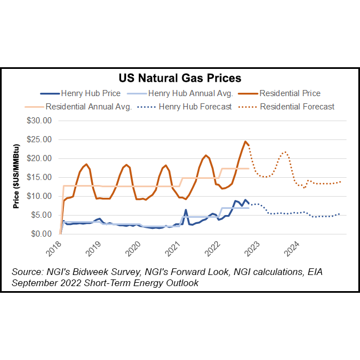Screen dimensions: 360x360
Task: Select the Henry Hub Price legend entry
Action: pyautogui.click(x=83, y=93)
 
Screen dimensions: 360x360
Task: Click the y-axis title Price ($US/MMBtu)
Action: pyautogui.click(x=17, y=176)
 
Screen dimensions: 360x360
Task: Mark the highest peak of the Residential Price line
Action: pyautogui.click(x=245, y=141)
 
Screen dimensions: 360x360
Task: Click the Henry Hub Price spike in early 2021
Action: pyautogui.click(x=186, y=209)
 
